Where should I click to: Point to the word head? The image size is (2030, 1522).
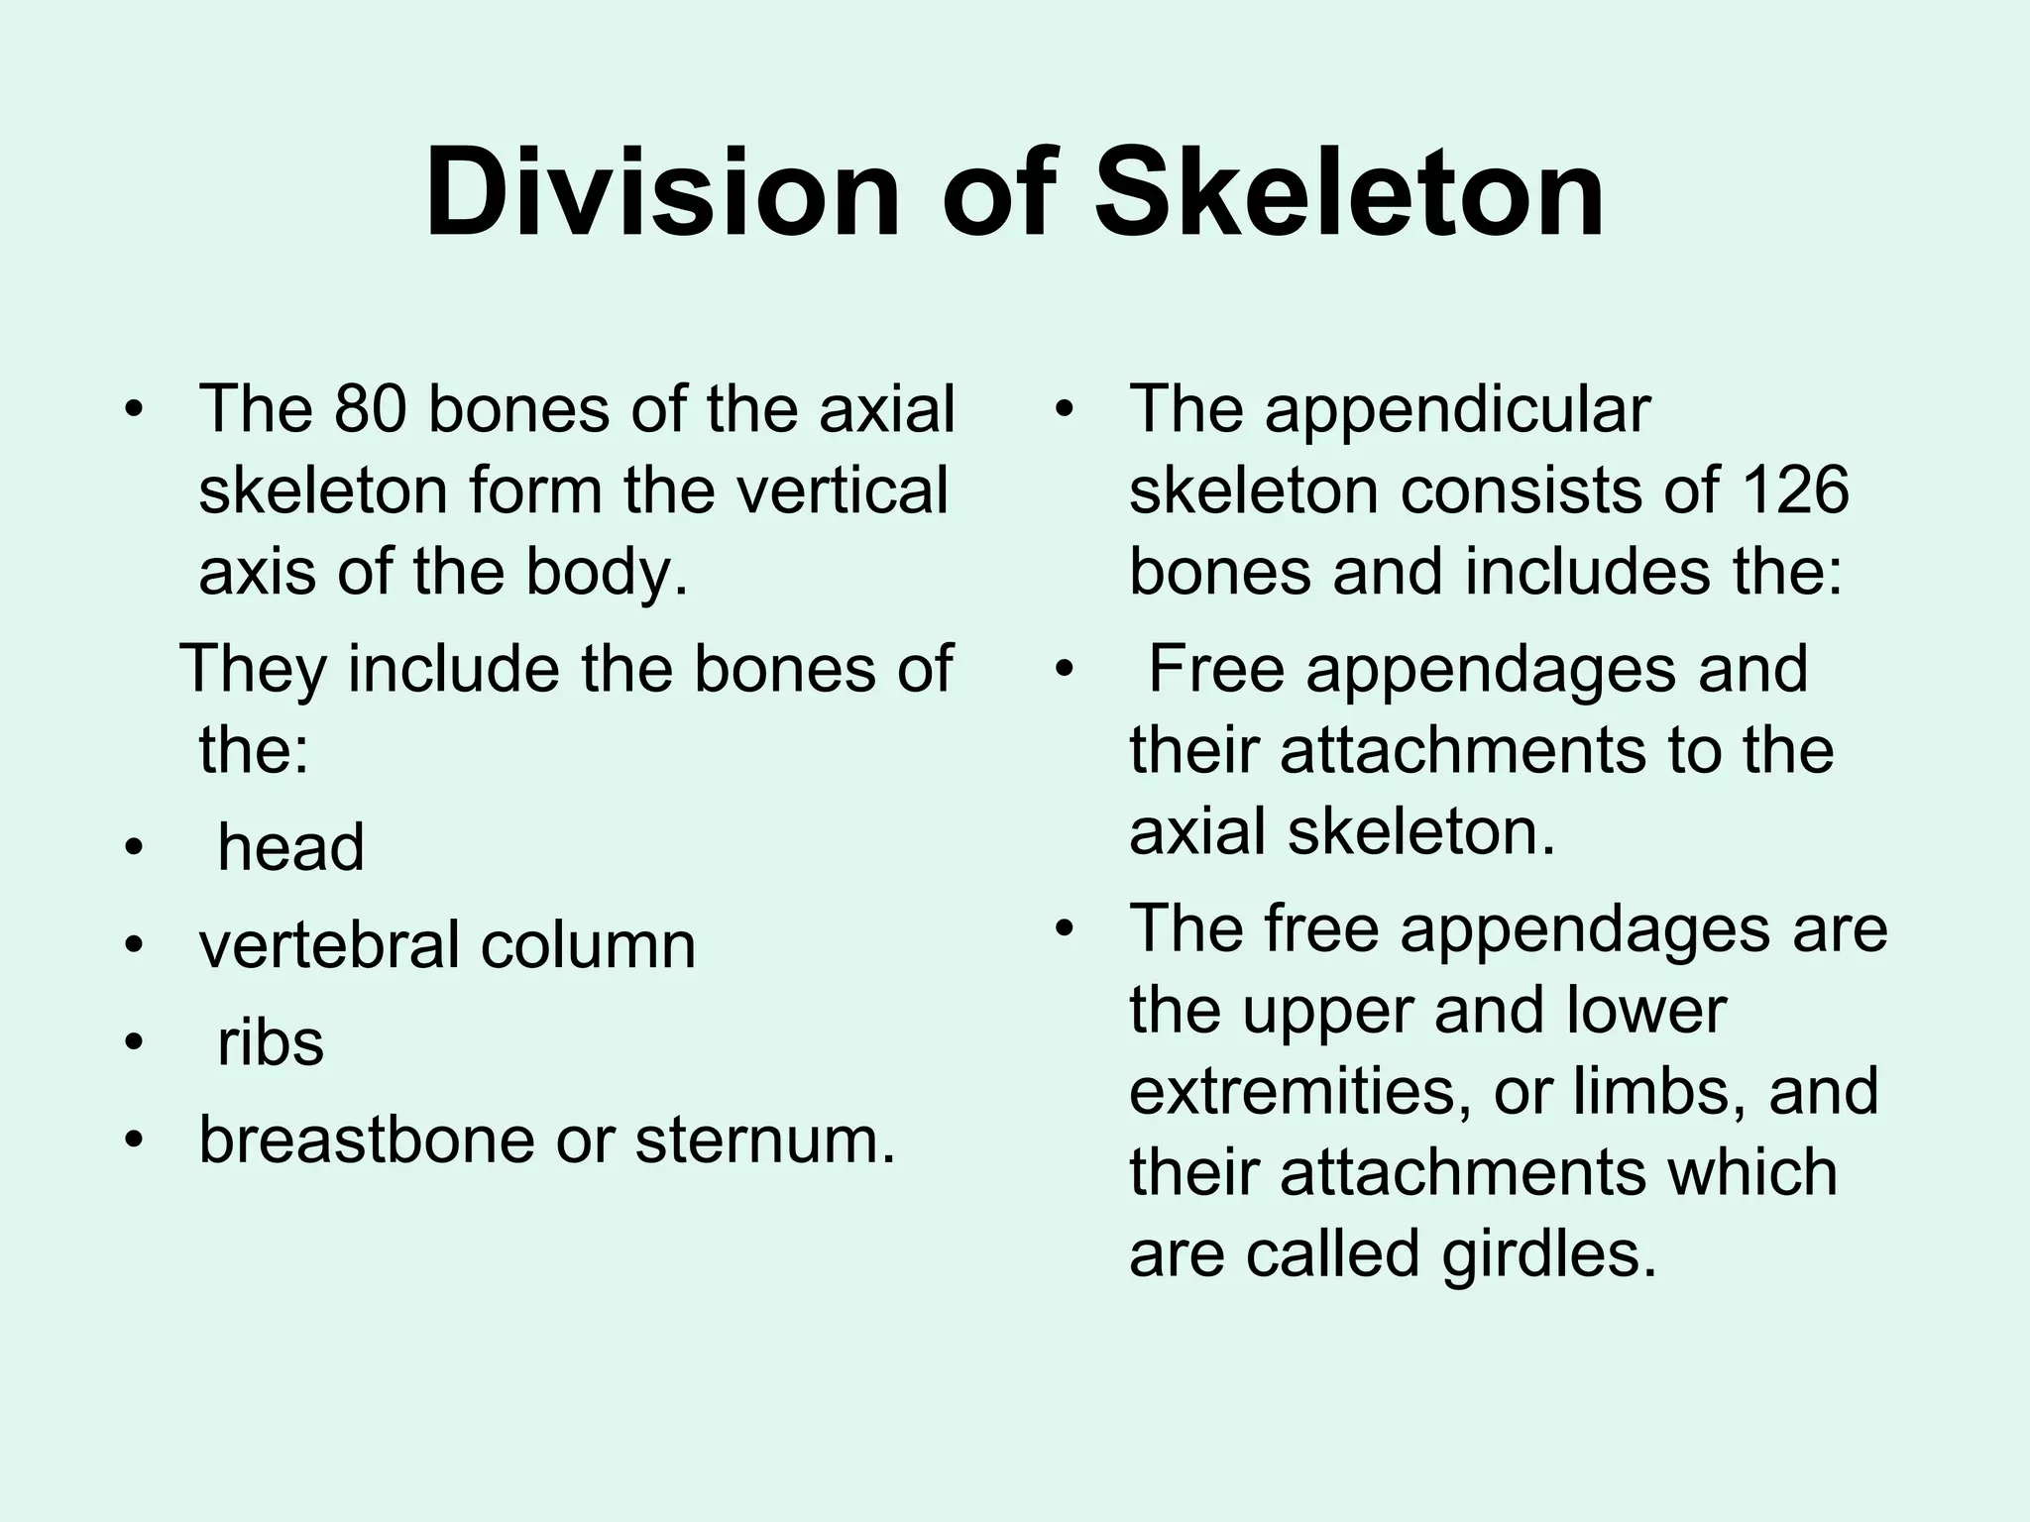(x=290, y=847)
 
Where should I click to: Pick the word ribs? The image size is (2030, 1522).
(x=271, y=1042)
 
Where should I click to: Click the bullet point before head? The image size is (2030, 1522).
(x=134, y=849)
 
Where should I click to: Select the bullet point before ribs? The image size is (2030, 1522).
(x=134, y=1043)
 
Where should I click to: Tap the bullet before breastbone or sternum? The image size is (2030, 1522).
(x=134, y=1141)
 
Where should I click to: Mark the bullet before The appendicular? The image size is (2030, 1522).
(x=1065, y=409)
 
